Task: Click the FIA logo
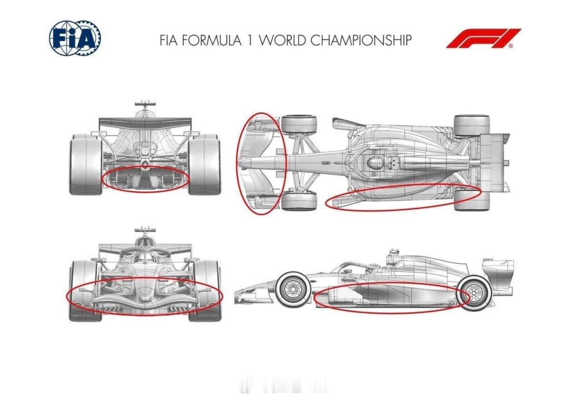[x=75, y=38]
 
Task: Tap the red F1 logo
[x=483, y=38]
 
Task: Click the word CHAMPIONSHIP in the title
[x=361, y=40]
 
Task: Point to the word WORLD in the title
[x=283, y=40]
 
